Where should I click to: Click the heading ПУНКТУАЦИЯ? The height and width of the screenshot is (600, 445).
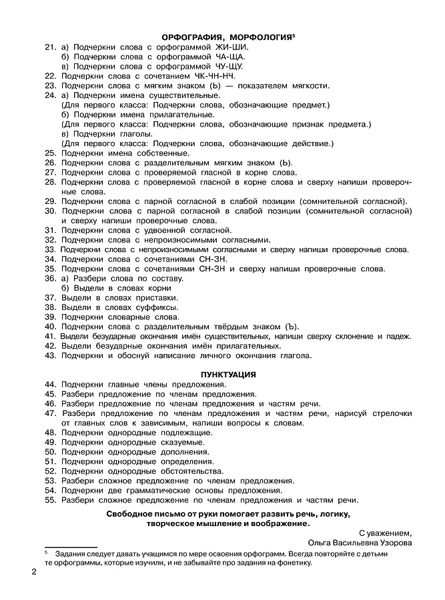[x=228, y=374]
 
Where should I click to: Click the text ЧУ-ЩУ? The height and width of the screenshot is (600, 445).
[x=228, y=67]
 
